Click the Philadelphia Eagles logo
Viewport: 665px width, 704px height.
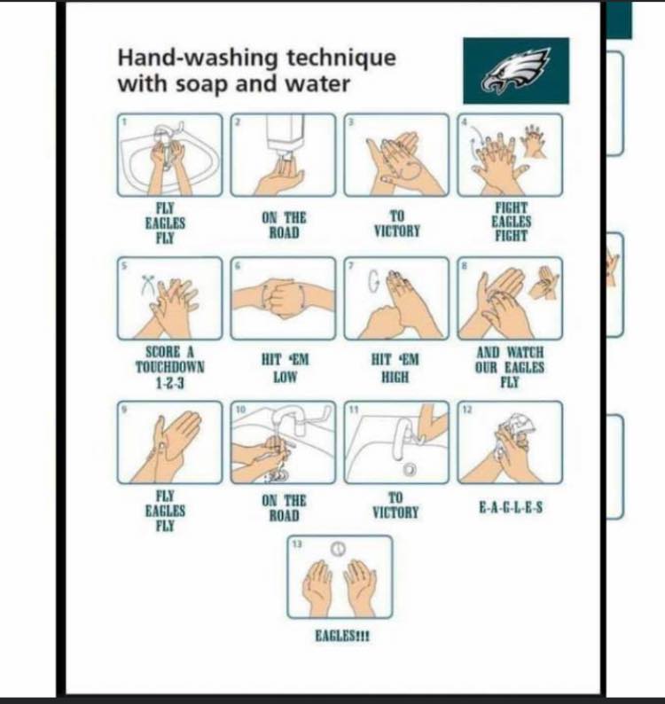[516, 71]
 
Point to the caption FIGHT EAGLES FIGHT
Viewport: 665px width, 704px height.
[511, 222]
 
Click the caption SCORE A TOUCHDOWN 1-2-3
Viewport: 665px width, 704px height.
[169, 367]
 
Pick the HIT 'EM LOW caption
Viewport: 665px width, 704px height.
[286, 368]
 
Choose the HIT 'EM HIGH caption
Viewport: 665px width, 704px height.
[395, 368]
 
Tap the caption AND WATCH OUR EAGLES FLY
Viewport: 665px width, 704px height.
[510, 367]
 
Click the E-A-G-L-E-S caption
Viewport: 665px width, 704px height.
[511, 508]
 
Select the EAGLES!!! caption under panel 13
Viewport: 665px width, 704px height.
[342, 637]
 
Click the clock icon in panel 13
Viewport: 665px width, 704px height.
[339, 548]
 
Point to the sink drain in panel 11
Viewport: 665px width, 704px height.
[409, 470]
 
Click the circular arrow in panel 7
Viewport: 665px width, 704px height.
[373, 281]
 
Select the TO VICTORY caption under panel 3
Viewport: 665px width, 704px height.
[397, 223]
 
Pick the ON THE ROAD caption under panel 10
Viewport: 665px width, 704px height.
[284, 508]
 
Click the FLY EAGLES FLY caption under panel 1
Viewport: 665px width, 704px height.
[165, 223]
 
